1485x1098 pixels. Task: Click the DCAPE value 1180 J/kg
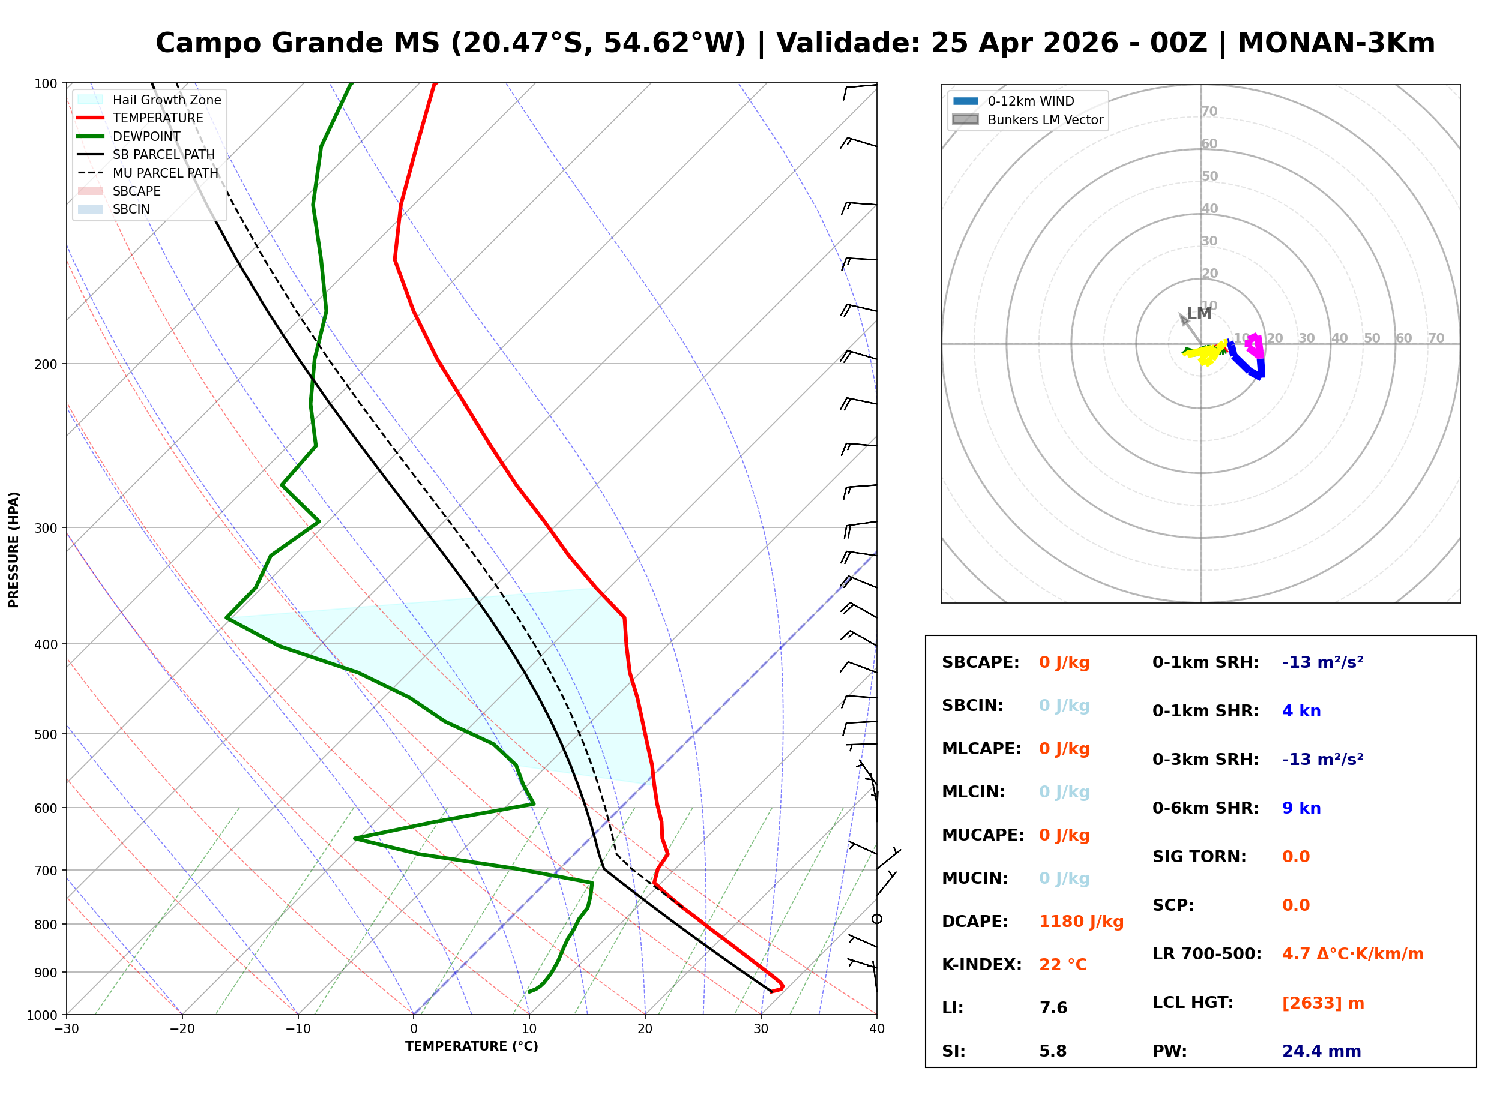point(1081,922)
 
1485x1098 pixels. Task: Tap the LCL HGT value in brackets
point(1322,1003)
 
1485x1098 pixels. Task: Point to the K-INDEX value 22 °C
point(1062,965)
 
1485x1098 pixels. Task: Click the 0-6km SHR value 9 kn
point(1301,808)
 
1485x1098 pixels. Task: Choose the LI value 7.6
point(1053,1008)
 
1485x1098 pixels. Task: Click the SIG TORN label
point(1199,857)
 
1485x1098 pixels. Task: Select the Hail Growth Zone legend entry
point(166,100)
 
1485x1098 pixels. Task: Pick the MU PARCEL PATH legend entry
point(165,173)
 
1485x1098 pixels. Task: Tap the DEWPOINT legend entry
point(146,136)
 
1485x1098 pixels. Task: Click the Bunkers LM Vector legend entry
point(1044,119)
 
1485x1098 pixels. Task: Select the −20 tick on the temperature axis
point(181,1029)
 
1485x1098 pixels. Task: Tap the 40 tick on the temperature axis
point(876,1029)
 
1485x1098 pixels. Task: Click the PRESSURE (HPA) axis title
point(14,550)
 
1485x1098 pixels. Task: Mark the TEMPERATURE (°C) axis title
point(471,1046)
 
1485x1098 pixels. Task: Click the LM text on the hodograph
point(1199,314)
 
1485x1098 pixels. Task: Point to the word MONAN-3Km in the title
point(1336,43)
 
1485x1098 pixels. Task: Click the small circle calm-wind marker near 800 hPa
point(877,919)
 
